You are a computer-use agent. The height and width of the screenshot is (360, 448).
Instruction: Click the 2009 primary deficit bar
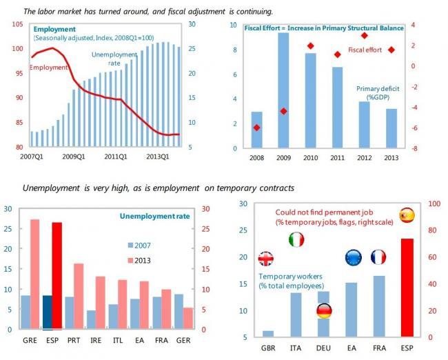click(283, 90)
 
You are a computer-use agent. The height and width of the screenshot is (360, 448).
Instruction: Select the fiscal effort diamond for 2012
click(365, 36)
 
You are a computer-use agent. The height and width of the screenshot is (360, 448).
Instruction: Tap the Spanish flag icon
click(407, 215)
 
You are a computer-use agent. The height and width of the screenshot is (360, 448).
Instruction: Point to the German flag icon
click(325, 311)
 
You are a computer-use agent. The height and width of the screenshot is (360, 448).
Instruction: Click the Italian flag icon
click(296, 239)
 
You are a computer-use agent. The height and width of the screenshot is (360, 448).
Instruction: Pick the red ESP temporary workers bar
click(407, 288)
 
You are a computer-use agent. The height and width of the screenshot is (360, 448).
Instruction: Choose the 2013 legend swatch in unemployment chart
click(130, 261)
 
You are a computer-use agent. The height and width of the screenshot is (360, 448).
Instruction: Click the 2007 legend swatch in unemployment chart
click(130, 246)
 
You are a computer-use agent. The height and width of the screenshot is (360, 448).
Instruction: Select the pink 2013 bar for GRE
click(35, 274)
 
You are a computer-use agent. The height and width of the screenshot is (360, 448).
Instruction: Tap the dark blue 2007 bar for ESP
click(48, 312)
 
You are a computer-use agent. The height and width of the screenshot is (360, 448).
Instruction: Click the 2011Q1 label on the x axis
click(116, 157)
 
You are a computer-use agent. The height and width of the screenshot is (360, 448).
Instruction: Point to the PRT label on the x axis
click(74, 340)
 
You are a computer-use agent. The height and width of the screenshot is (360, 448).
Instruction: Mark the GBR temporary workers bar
click(268, 334)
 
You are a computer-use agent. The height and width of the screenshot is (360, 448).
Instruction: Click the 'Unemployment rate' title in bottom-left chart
click(154, 216)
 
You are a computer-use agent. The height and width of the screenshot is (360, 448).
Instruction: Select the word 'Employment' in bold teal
click(54, 29)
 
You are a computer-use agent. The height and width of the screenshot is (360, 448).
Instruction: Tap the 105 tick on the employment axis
click(17, 24)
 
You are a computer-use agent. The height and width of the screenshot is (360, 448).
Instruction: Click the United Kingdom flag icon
click(266, 259)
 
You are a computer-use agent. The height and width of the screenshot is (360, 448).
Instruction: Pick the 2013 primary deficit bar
click(391, 128)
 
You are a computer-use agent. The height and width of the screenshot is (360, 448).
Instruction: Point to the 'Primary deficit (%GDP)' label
click(378, 93)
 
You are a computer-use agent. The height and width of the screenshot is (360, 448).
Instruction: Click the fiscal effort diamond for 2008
click(256, 128)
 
